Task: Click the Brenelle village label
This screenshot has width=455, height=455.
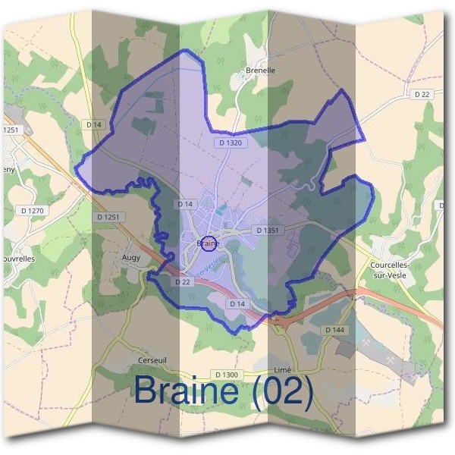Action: pos(260,71)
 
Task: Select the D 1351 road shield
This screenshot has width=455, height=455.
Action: pos(268,230)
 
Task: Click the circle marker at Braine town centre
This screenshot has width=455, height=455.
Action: pos(212,243)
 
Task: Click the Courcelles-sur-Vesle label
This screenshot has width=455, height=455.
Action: pos(391,270)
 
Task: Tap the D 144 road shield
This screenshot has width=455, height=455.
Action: pos(334,330)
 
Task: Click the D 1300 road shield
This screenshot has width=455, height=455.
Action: pos(227,375)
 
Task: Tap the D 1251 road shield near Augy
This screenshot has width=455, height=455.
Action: pos(109,217)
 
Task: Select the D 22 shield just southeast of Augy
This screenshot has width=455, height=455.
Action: pos(182,281)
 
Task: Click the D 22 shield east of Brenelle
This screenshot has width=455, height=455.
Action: pos(422,94)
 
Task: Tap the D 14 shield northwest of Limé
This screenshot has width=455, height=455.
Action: pos(237,303)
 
